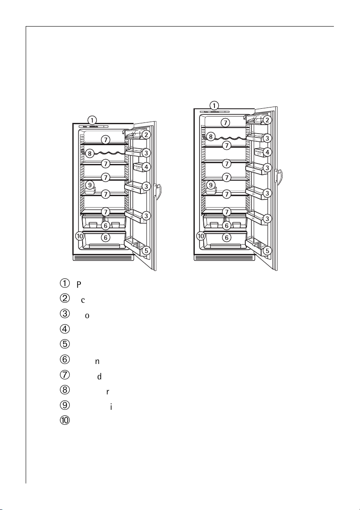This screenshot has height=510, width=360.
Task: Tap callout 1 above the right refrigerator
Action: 214,105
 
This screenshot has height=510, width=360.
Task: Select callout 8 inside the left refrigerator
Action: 89,153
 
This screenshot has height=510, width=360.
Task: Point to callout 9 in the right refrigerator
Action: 210,185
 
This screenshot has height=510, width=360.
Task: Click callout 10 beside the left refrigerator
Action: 79,236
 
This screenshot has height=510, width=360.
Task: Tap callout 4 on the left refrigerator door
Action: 146,167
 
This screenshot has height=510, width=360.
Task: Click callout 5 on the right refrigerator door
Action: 267,251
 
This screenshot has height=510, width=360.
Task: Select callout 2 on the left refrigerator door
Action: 146,134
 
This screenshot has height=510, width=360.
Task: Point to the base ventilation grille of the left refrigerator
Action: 103,258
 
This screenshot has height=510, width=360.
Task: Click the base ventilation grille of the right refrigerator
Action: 224,258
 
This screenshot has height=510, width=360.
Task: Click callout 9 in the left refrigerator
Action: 89,185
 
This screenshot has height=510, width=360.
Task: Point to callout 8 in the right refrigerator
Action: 210,137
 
